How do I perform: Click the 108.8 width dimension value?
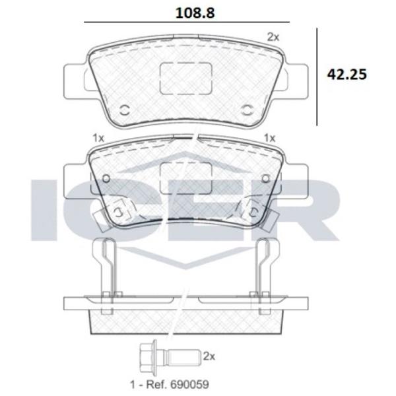pyautogui.click(x=195, y=13)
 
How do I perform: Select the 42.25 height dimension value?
pyautogui.click(x=346, y=75)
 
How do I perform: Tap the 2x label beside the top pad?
pyautogui.click(x=273, y=38)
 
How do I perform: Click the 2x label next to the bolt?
pyautogui.click(x=209, y=356)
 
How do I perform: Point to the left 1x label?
pyautogui.click(x=98, y=138)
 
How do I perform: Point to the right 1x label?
pyautogui.click(x=269, y=138)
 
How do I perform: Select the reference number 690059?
pyautogui.click(x=189, y=384)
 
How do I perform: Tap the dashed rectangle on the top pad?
pyautogui.click(x=186, y=79)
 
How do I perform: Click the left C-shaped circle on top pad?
pyautogui.click(x=125, y=110)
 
